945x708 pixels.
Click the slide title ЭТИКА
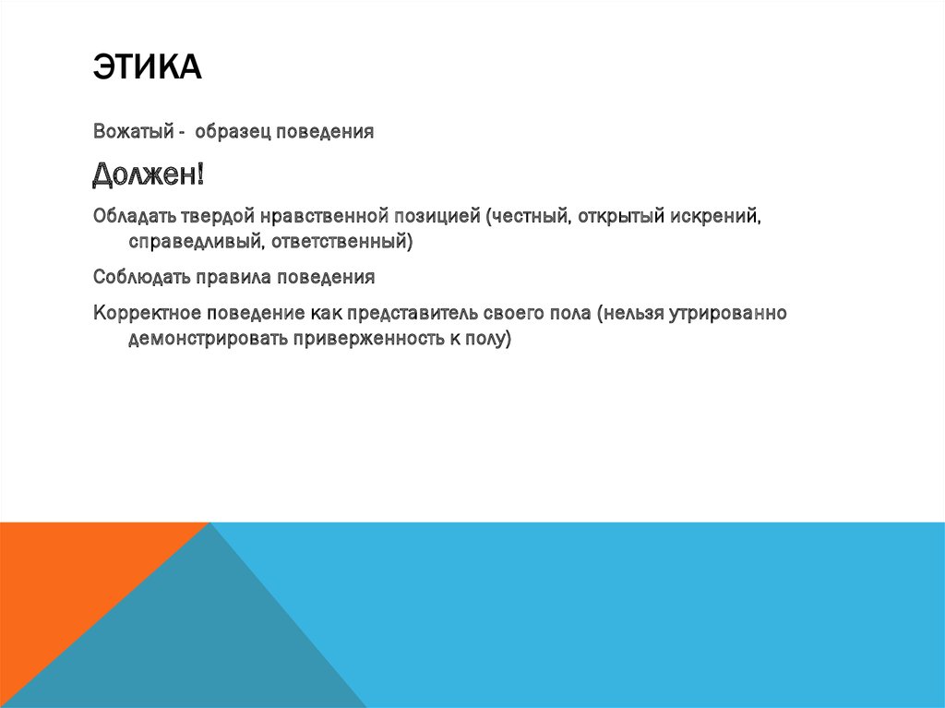[x=147, y=69]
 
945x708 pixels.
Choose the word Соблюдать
[x=138, y=276]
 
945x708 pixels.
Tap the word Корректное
[x=146, y=312]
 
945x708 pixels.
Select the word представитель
[x=409, y=312]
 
